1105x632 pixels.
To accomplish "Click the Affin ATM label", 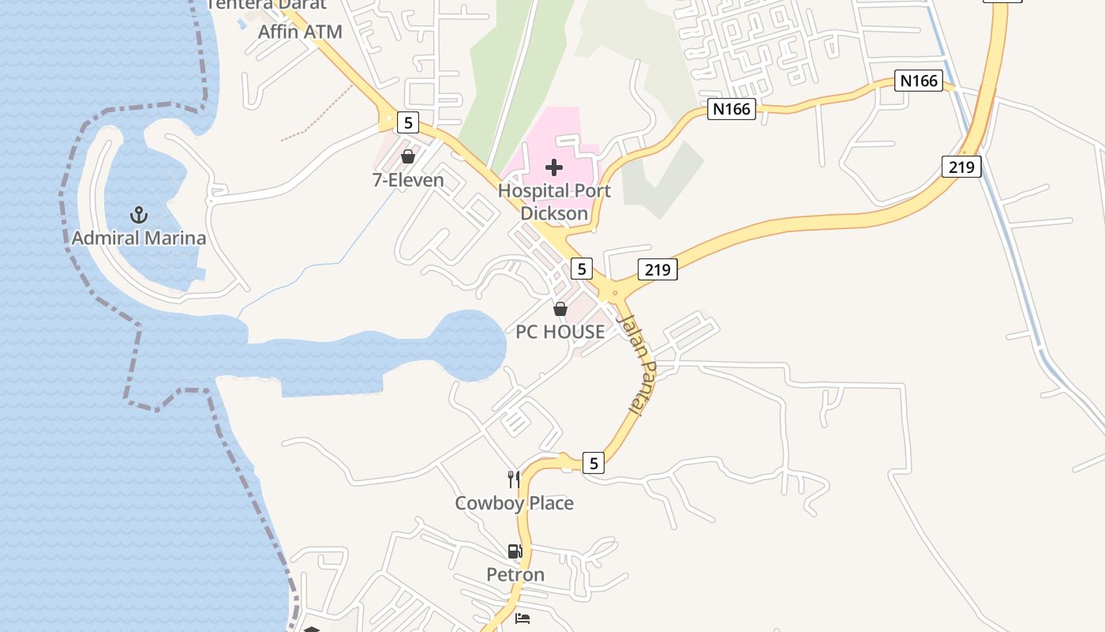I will tap(300, 32).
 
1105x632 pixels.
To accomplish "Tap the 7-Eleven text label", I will tap(408, 180).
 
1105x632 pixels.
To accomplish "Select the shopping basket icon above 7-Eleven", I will tap(408, 156).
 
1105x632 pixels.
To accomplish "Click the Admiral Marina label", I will tap(139, 238).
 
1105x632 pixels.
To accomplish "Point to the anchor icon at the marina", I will tap(139, 214).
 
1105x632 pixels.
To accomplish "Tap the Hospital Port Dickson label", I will tap(554, 202).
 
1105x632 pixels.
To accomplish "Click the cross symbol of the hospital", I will tap(554, 167).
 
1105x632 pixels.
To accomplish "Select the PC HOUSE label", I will tap(560, 332).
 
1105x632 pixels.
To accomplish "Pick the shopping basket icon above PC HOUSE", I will tap(560, 309).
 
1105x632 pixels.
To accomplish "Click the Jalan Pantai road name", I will tap(639, 364).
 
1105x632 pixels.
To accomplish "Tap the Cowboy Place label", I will tap(514, 503).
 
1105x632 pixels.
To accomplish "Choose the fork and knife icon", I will tap(514, 479).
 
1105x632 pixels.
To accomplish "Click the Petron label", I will tap(515, 574).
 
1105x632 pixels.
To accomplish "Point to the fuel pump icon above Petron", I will tap(515, 551).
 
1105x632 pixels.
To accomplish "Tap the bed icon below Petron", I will tap(522, 619).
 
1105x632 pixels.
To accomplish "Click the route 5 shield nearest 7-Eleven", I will tap(407, 122).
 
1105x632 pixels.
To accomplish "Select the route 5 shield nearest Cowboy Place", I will tap(594, 462).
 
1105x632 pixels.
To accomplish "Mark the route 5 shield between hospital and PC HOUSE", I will tap(581, 269).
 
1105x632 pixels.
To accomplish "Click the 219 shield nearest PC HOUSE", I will tap(657, 270).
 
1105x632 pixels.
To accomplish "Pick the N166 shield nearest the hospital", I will tap(731, 109).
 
